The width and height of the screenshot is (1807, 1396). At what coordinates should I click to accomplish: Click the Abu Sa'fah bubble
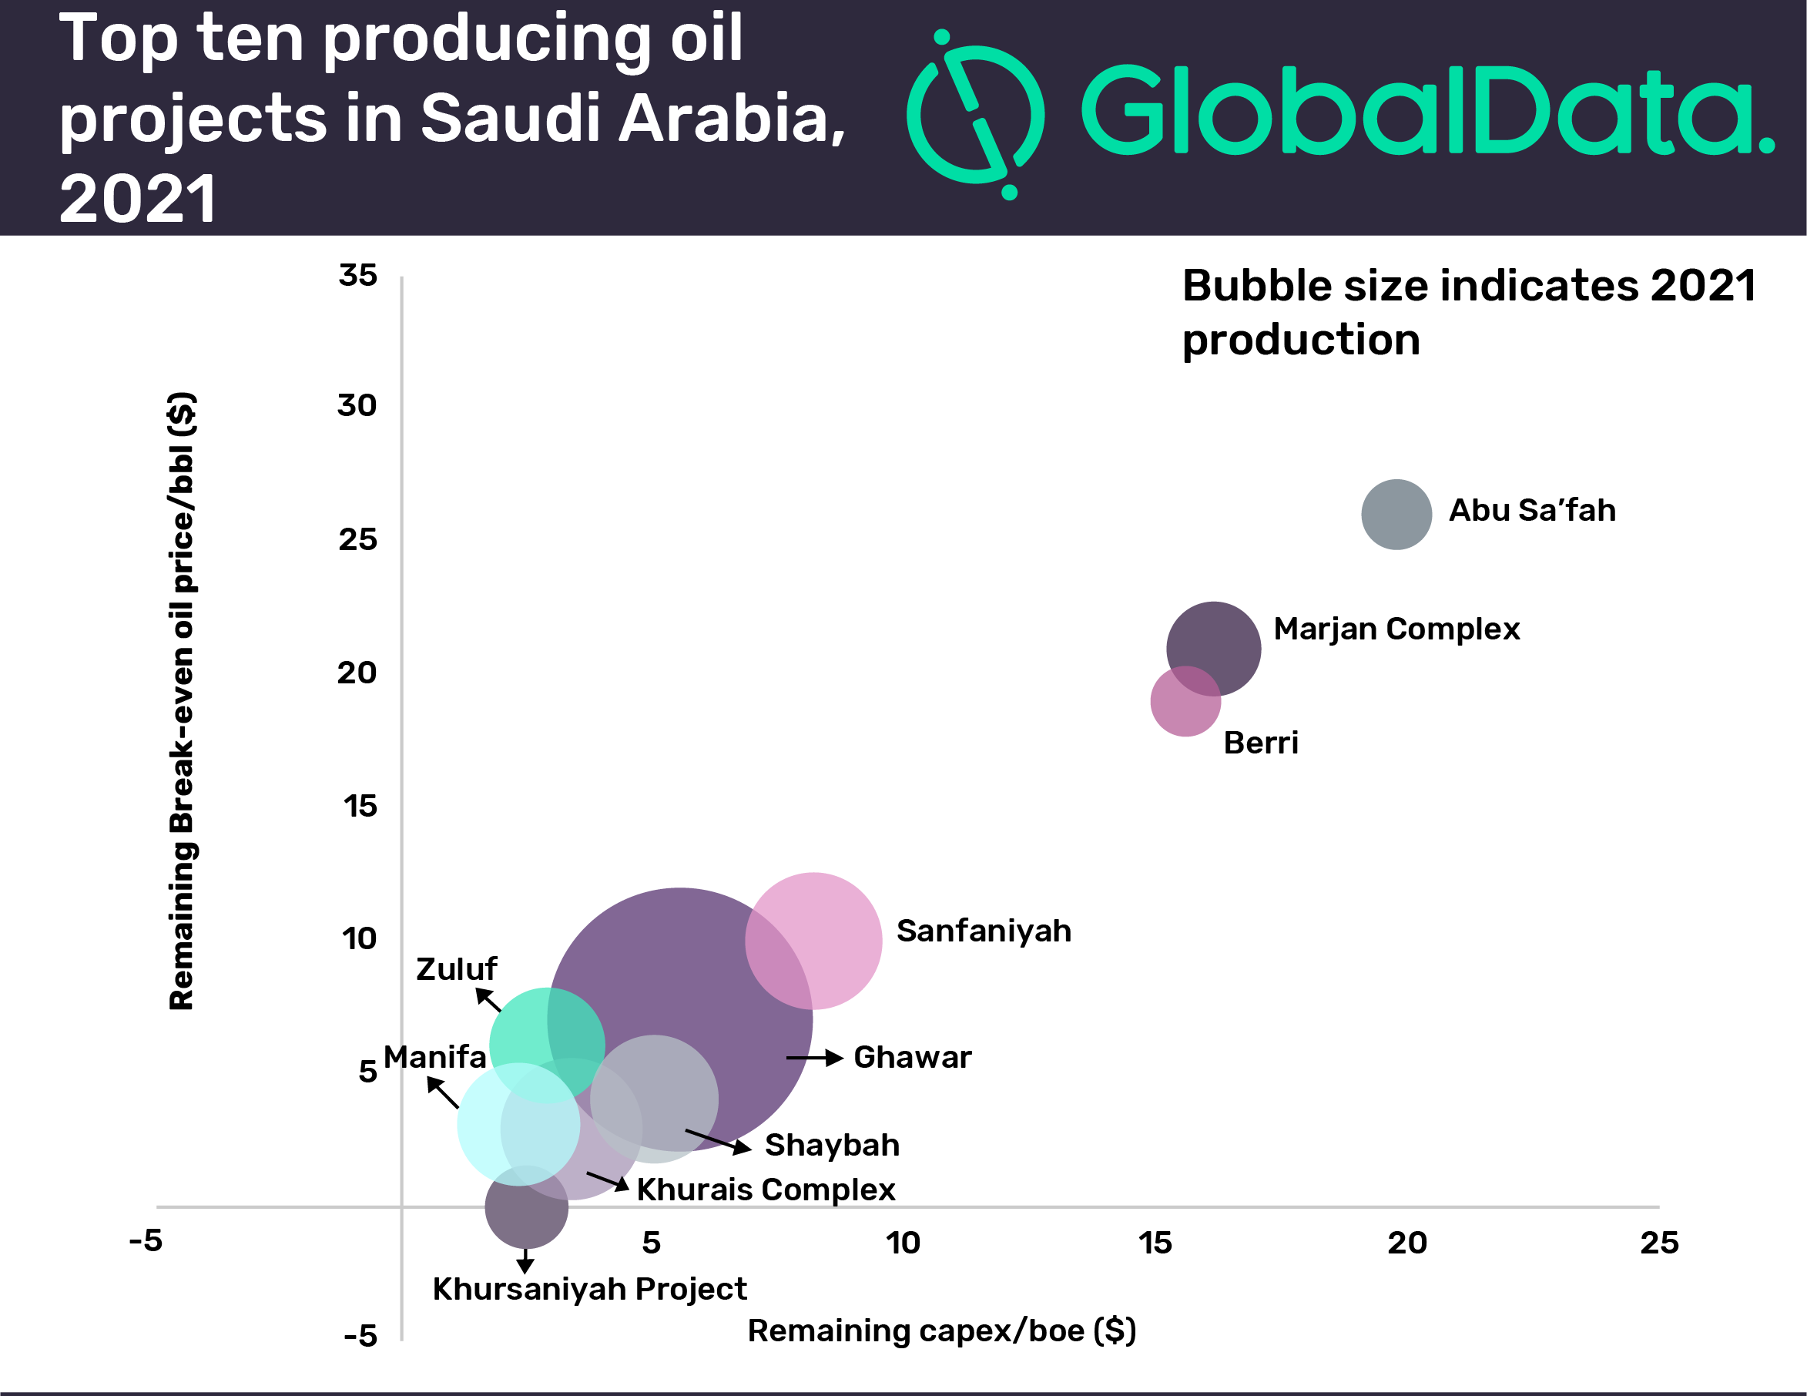point(1396,514)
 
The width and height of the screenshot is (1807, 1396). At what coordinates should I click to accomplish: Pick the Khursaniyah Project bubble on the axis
point(526,1207)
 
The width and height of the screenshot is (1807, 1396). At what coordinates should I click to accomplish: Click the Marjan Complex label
point(1396,629)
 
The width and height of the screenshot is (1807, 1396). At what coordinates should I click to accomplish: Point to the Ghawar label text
point(912,1057)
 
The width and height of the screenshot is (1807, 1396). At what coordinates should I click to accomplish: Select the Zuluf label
point(456,969)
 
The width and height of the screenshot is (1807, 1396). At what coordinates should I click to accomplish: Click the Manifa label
point(434,1057)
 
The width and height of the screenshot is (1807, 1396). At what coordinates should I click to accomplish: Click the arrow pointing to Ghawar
point(814,1058)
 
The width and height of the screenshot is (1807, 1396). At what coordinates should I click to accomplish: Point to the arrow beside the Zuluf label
point(488,1000)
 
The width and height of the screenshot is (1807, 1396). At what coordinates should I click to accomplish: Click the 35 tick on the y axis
point(357,276)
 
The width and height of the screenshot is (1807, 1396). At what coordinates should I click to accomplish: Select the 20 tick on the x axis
point(1406,1242)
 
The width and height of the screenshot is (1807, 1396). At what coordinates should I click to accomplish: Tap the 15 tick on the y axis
point(360,806)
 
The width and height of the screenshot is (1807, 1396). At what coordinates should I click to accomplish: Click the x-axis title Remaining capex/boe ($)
point(941,1331)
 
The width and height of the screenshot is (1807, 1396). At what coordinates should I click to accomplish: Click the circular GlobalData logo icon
point(975,114)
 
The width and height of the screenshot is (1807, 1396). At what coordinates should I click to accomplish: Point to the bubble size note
point(1468,312)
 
